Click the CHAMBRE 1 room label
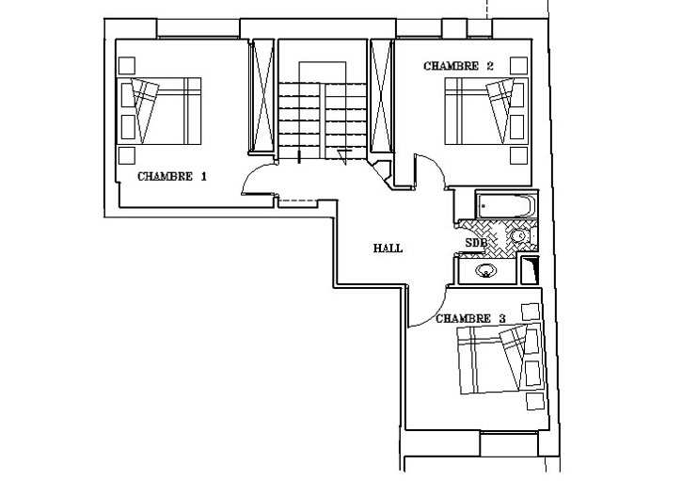click(x=172, y=176)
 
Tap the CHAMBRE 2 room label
click(x=458, y=66)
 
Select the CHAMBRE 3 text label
click(x=470, y=319)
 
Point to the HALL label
click(x=388, y=249)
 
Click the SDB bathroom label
click(x=475, y=243)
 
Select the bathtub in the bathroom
click(x=507, y=205)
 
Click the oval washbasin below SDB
click(x=485, y=271)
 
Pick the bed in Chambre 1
click(x=159, y=111)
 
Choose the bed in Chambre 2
click(x=486, y=111)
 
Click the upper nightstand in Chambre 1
click(x=127, y=66)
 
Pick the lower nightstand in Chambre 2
click(x=518, y=155)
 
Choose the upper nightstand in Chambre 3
click(x=531, y=312)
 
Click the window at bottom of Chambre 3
click(x=509, y=443)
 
